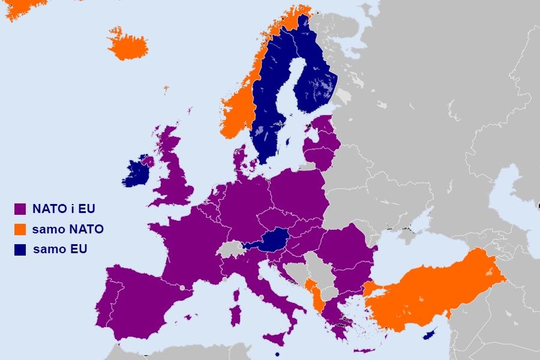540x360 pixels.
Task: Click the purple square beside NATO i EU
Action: tap(20, 209)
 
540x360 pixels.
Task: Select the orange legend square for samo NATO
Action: tap(20, 229)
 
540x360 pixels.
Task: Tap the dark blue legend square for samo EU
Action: tap(20, 249)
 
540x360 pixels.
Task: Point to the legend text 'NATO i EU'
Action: tap(64, 209)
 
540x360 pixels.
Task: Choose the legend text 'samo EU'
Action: tap(60, 249)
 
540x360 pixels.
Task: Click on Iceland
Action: tap(127, 44)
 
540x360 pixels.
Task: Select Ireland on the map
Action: tap(137, 174)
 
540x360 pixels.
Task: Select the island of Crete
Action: tap(364, 350)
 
